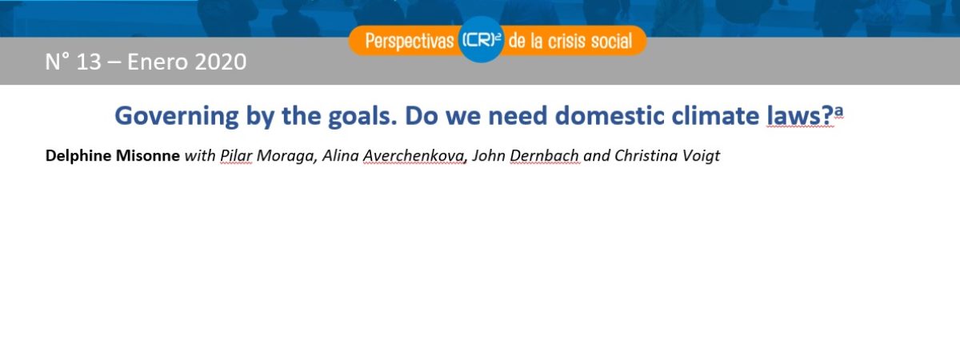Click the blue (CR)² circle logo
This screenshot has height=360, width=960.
pyautogui.click(x=481, y=40)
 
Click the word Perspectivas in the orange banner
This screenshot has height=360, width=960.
pyautogui.click(x=410, y=42)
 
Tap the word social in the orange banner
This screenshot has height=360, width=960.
pyautogui.click(x=611, y=41)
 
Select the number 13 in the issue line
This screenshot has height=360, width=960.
pyautogui.click(x=89, y=62)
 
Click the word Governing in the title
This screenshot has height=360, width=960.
pyautogui.click(x=177, y=117)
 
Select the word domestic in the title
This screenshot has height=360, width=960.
pyautogui.click(x=610, y=116)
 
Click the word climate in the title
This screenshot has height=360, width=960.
pyautogui.click(x=715, y=116)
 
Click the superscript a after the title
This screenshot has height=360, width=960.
pyautogui.click(x=838, y=111)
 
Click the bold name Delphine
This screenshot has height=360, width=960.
pyautogui.click(x=78, y=155)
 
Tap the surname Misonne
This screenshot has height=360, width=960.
pyautogui.click(x=148, y=155)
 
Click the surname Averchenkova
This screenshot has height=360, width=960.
pyautogui.click(x=415, y=155)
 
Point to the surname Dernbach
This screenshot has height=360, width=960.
pyautogui.click(x=544, y=155)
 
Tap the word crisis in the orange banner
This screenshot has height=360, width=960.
pyautogui.click(x=566, y=41)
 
